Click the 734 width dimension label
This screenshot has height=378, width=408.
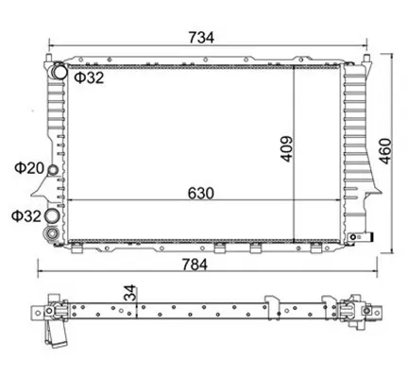click(201, 38)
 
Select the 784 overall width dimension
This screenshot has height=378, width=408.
click(195, 265)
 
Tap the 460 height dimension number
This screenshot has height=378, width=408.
click(385, 151)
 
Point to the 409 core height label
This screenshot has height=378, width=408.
click(287, 149)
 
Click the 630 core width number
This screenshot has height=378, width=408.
click(201, 193)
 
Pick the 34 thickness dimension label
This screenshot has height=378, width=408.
click(129, 293)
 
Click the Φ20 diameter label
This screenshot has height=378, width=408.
click(29, 168)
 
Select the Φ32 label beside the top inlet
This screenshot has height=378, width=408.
click(89, 77)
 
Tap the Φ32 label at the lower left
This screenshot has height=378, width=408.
click(26, 216)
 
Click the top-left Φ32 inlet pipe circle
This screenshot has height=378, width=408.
click(59, 71)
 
